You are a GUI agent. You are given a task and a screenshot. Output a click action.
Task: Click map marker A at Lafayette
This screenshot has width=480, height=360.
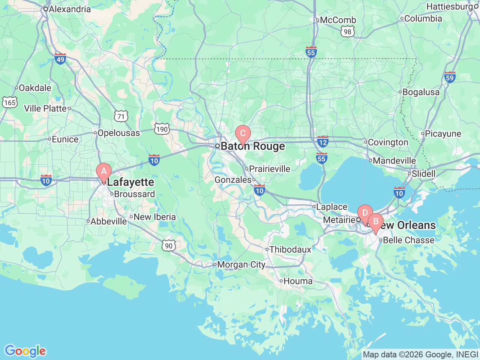[104, 172]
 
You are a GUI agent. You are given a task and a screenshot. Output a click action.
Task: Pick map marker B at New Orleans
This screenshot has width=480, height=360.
[375, 222]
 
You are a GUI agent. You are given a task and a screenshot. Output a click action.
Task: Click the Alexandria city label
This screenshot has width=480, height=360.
[70, 9]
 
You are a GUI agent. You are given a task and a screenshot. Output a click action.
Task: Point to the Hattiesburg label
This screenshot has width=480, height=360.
[449, 6]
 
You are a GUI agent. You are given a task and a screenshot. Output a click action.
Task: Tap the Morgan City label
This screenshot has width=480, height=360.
[241, 265]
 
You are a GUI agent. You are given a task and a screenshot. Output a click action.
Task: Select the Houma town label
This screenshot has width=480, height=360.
[298, 281]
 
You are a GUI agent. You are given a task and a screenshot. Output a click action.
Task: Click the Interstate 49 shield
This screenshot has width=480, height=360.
[60, 58]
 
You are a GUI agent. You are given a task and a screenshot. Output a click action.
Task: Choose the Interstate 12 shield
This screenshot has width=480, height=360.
[322, 142]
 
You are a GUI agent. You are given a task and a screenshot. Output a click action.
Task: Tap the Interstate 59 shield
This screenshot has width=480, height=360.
[450, 78]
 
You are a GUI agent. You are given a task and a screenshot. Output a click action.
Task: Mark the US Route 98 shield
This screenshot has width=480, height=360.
[348, 32]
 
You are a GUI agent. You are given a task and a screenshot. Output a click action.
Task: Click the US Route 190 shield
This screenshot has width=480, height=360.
[162, 129]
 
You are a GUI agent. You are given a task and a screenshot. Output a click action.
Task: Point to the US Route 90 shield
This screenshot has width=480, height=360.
[169, 246]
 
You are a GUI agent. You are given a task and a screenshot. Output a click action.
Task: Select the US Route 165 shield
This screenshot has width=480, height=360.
[9, 102]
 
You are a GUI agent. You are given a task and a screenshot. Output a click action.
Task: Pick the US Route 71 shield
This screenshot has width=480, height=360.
[121, 116]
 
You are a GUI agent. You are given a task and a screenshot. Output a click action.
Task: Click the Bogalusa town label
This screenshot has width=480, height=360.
[421, 92]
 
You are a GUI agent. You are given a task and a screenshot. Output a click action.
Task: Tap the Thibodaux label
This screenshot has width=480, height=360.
[290, 249]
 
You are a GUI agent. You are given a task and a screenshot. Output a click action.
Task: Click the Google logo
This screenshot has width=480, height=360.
[25, 351]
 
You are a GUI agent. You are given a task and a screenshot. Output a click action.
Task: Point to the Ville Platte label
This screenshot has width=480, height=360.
[45, 109]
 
